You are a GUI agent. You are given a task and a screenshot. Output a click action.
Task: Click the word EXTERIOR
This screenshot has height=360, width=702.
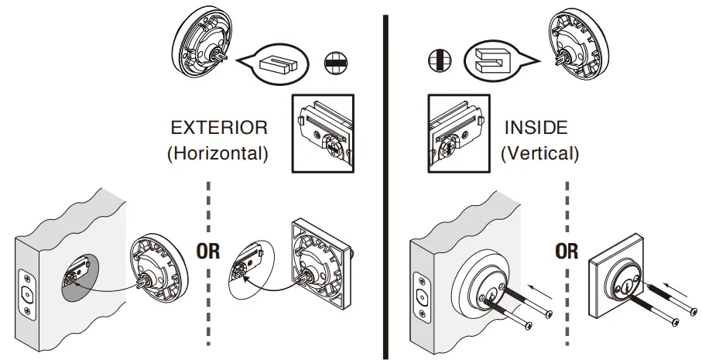[x=219, y=128]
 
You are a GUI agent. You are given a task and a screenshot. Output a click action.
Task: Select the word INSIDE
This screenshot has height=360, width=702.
[x=536, y=128]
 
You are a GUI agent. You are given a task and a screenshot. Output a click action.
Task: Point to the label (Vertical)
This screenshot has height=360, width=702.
[x=539, y=153]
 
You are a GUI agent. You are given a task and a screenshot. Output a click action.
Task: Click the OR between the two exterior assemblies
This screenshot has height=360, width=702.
[x=209, y=252]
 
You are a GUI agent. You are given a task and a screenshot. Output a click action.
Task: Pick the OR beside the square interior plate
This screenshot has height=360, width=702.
[x=567, y=252]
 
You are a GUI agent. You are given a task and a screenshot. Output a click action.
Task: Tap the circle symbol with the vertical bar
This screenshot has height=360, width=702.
[x=439, y=62]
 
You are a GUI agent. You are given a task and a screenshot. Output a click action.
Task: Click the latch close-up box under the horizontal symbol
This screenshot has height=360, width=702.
[x=321, y=132]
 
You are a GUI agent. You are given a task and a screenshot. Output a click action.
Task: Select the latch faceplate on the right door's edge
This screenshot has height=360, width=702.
[x=421, y=297]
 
